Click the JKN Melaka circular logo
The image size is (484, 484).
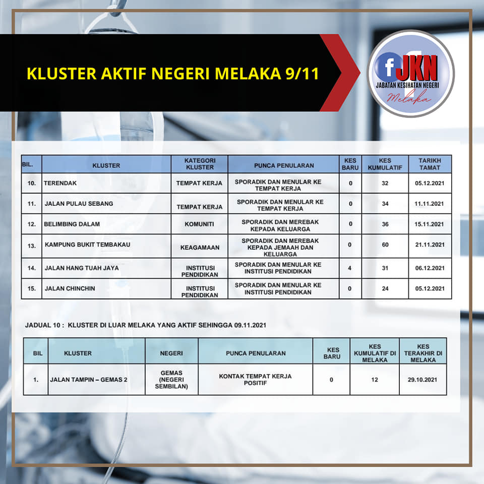click(411, 74)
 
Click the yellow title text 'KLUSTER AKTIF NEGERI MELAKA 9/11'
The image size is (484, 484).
click(173, 74)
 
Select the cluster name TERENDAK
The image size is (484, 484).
click(60, 183)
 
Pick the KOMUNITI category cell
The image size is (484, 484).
click(200, 224)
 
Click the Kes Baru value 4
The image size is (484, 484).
click(350, 268)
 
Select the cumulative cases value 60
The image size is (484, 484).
click(385, 245)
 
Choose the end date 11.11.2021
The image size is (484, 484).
click(429, 204)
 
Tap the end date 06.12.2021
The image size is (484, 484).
click(430, 268)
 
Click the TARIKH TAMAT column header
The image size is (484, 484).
click(430, 164)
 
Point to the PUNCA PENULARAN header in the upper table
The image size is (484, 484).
click(284, 165)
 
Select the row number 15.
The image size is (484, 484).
click(31, 288)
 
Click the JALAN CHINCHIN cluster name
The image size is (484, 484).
click(70, 288)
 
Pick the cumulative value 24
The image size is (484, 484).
click(385, 288)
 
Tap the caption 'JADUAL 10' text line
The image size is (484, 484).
click(146, 325)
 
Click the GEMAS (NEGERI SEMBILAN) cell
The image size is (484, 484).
click(171, 380)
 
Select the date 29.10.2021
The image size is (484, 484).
click(422, 380)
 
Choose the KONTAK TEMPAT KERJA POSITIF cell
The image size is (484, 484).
click(255, 380)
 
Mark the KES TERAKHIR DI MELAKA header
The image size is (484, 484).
click(423, 353)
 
